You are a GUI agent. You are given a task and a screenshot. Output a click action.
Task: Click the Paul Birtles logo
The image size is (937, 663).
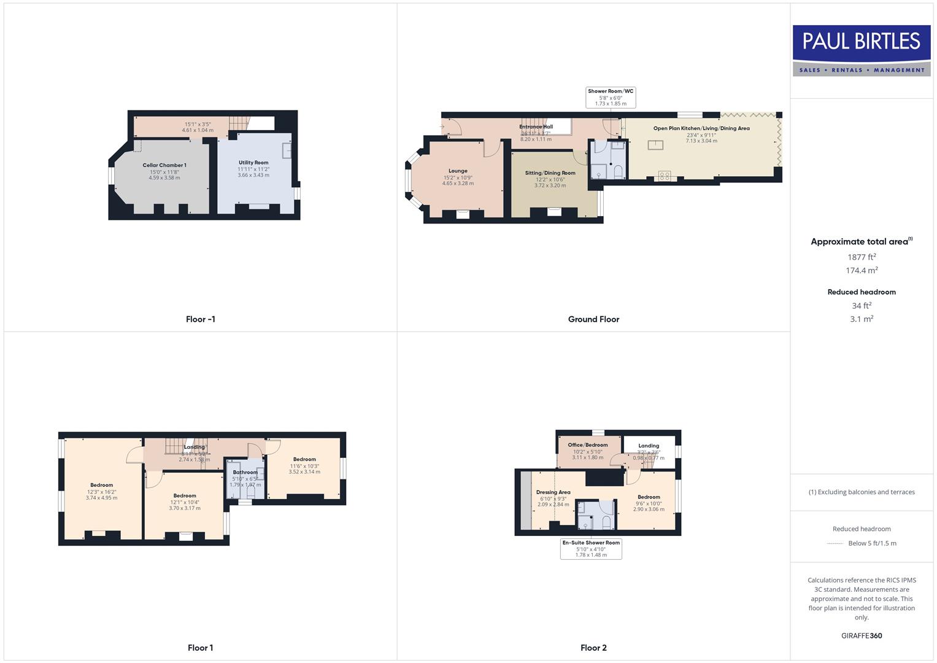tap(861, 50)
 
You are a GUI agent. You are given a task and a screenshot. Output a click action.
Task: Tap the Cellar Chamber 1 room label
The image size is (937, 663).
tap(164, 165)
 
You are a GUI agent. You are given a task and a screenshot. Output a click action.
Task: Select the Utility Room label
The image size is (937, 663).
tap(253, 163)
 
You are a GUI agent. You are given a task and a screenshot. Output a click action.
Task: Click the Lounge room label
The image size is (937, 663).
tap(458, 171)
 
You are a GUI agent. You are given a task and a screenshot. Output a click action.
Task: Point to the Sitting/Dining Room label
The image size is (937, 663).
tap(550, 173)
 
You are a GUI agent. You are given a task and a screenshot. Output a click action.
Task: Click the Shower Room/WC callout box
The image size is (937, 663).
tap(611, 97)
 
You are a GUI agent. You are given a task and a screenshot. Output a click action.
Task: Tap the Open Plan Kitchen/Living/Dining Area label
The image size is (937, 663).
tap(701, 128)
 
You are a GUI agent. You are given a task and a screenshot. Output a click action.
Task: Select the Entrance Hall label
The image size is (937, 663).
tap(536, 127)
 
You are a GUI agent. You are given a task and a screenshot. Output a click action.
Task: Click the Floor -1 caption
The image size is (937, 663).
tap(201, 319)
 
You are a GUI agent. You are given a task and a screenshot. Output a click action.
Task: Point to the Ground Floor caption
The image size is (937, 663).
tap(593, 319)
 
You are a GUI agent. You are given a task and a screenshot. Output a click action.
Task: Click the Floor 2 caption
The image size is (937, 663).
tap(593, 648)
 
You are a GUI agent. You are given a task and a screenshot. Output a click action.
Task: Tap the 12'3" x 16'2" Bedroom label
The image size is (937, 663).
tap(102, 486)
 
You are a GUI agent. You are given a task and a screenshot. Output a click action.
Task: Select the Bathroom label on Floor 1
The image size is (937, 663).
tap(245, 472)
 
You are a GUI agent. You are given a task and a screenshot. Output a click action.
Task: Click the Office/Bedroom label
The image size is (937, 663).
tap(588, 445)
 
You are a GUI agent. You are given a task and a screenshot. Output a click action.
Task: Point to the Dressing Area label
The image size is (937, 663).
tap(553, 492)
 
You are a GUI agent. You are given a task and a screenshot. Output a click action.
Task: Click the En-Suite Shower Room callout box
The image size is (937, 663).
tap(591, 549)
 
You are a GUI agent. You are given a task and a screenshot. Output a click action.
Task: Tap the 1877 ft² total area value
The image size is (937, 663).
tap(862, 257)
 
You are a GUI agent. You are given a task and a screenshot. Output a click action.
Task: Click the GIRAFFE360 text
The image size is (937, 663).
tap(862, 636)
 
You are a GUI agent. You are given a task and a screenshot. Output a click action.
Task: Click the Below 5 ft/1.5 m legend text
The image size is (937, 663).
tap(872, 543)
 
